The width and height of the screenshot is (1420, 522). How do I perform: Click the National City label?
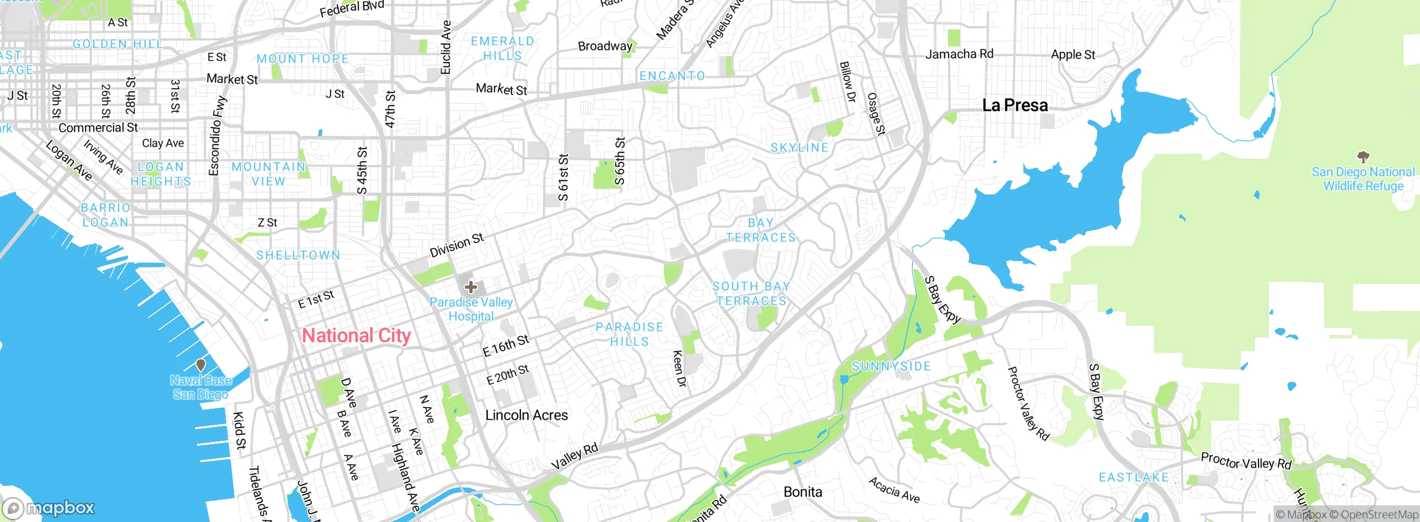point(356,335)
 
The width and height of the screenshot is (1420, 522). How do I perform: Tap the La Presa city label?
point(1015,105)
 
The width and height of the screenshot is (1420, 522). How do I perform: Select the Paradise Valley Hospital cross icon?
point(471,287)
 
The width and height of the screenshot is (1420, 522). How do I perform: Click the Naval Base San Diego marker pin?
point(201,365)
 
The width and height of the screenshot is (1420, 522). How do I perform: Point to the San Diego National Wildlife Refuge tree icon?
point(1363,157)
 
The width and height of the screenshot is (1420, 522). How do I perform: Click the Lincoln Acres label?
point(526,415)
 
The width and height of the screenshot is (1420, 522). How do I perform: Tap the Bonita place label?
point(803,491)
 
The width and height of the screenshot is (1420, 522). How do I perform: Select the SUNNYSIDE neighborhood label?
point(891,366)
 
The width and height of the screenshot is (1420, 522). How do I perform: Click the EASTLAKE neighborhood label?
point(1133,477)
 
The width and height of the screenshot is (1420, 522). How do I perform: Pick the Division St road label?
point(457,245)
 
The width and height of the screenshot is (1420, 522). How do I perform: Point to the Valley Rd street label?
point(575,456)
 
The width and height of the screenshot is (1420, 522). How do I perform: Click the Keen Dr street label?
point(679,368)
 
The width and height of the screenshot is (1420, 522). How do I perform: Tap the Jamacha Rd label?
point(959,54)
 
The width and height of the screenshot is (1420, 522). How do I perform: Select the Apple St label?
point(1073,54)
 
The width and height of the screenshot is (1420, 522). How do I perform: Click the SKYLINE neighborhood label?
point(799,147)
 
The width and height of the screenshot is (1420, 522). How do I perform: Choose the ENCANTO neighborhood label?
point(672,76)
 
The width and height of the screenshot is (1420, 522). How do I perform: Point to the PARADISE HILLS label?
point(629,334)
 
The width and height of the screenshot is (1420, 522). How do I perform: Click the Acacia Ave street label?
point(894,490)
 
